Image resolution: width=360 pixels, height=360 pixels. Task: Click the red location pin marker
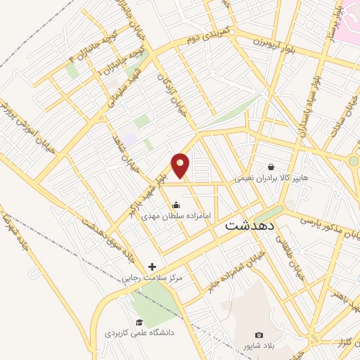[x=181, y=165]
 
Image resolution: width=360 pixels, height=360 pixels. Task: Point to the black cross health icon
[x=153, y=266]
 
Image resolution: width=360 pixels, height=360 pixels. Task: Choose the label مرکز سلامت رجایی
[x=153, y=278]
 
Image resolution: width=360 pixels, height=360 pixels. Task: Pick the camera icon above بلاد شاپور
[x=259, y=335]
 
